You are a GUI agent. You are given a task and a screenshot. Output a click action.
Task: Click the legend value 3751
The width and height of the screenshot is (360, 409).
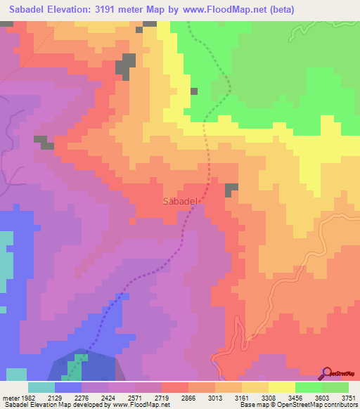[347, 398]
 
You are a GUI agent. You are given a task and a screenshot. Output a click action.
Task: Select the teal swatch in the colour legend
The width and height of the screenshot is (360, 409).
[41, 387]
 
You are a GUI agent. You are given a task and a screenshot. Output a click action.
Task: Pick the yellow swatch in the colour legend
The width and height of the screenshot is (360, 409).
[282, 387]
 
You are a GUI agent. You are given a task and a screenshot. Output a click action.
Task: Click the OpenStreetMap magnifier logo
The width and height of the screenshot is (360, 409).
[327, 372]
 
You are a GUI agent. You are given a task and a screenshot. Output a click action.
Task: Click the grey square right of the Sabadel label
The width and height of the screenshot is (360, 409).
[231, 189]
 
